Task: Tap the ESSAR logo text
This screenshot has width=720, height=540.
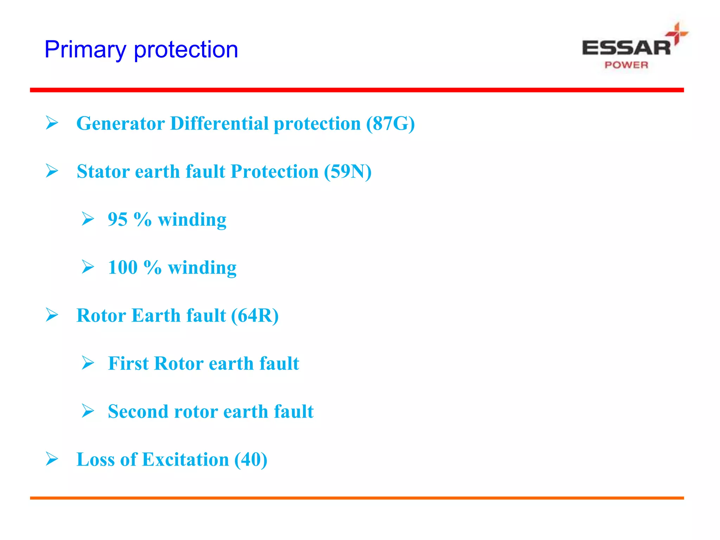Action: click(626, 48)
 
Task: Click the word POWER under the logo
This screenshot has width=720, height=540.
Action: click(626, 65)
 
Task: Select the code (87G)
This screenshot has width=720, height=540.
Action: click(390, 123)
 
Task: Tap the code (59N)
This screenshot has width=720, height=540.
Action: click(347, 172)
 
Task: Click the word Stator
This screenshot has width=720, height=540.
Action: click(103, 172)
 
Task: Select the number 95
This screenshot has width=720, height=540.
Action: click(117, 219)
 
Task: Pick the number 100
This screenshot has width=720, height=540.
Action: click(123, 268)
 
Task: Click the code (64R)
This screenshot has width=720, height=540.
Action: click(255, 315)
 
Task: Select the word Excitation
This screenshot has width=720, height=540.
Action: click(185, 459)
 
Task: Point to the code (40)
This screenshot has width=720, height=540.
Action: click(251, 459)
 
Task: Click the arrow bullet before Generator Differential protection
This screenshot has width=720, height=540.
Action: click(52, 123)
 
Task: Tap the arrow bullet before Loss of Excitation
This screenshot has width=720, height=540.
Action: click(52, 459)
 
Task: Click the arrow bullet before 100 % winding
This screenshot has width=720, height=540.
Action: click(88, 267)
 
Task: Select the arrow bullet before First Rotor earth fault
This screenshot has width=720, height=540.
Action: click(88, 363)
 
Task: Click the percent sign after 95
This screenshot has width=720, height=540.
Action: click(143, 219)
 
